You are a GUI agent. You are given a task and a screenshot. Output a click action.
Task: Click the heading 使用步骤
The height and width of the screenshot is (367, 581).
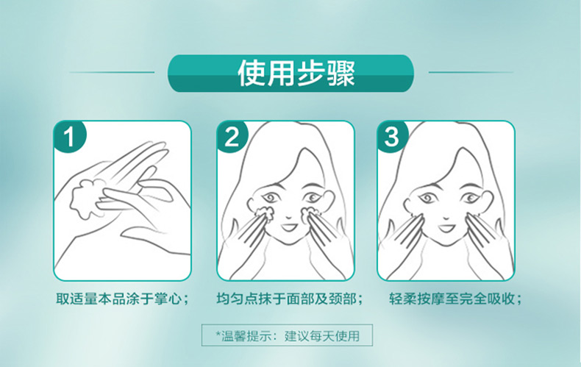(296, 73)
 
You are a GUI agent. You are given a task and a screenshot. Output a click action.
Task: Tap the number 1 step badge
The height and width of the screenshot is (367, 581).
(69, 136)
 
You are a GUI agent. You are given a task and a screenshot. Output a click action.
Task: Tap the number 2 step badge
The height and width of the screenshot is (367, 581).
(232, 136)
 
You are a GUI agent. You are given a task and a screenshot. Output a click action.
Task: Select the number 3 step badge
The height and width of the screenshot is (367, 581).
(393, 136)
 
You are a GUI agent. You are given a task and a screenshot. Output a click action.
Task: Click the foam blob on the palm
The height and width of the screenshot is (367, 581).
(87, 199)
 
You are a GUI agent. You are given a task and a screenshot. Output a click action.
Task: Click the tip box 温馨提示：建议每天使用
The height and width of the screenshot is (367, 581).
(287, 335)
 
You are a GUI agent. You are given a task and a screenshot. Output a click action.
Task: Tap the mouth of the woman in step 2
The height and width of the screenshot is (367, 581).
(287, 226)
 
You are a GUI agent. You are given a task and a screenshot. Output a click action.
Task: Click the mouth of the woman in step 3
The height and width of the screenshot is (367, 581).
(447, 226)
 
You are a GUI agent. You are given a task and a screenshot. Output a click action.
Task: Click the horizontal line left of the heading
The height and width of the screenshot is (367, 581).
(112, 72)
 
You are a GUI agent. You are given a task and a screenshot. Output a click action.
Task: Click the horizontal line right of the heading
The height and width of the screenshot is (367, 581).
(471, 72)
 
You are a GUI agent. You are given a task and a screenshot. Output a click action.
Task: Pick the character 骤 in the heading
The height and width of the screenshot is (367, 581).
(341, 73)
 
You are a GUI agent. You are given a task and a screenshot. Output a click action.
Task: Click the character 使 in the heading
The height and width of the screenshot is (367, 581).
(252, 73)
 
